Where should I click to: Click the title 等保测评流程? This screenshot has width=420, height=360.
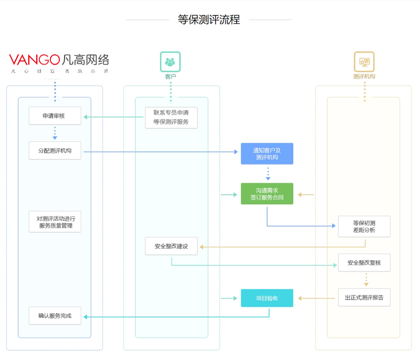point(209,20)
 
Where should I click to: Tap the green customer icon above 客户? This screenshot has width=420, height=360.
point(170,62)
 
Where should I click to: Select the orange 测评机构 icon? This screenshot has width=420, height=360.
point(364,62)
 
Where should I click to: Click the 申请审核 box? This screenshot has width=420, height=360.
point(55,116)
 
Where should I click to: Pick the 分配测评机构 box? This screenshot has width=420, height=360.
point(55,151)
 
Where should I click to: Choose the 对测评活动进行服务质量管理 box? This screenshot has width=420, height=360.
point(55,222)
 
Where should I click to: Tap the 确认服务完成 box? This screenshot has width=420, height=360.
point(55,316)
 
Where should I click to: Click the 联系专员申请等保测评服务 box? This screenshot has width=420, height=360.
point(171,117)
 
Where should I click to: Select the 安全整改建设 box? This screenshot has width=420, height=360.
point(171,246)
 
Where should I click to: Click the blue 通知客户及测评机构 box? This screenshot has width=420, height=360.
point(267,153)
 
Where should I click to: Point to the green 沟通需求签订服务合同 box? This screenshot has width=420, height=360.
point(267,194)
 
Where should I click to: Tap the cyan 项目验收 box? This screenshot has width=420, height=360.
point(267,298)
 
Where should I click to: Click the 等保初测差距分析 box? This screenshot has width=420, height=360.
point(364,226)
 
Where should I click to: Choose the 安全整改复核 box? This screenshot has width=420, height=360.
point(364,262)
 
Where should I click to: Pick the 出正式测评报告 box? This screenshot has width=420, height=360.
point(364,297)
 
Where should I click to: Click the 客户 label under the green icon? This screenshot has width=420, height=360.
point(170,77)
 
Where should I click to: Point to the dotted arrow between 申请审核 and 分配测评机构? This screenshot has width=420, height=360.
point(55,132)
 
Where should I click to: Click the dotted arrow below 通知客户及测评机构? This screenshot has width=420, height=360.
point(268,173)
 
